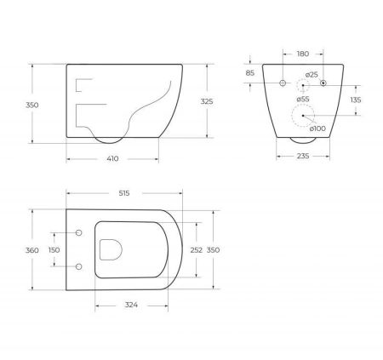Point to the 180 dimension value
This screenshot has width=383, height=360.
point(303,54)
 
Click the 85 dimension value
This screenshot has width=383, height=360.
point(249,72)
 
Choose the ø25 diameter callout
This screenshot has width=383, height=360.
point(312,75)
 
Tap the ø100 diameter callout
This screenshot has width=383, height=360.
point(317,129)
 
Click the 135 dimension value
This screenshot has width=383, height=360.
point(355,100)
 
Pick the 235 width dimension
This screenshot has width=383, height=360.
point(303,157)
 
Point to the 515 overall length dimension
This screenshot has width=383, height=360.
point(123,195)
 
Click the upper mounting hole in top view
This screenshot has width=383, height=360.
point(79,233)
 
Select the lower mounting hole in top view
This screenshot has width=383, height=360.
point(79,267)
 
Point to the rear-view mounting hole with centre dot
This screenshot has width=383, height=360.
point(323,84)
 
